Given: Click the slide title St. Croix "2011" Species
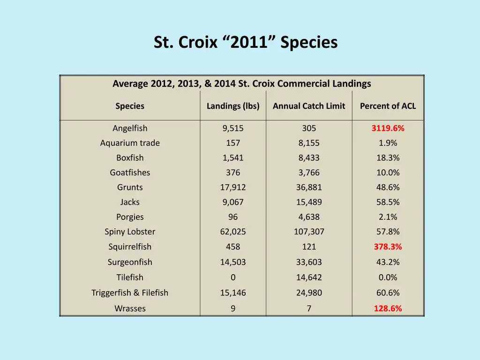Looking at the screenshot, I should click(x=246, y=43).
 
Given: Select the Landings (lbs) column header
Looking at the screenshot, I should click(x=233, y=106).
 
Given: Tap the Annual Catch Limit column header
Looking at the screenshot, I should click(x=309, y=106).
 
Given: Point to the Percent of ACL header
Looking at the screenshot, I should click(x=388, y=106).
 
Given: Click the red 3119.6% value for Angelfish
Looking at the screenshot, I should click(x=388, y=128).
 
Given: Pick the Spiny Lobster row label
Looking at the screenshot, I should click(x=130, y=232).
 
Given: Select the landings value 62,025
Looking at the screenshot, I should click(x=233, y=232).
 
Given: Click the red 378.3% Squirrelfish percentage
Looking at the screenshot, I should click(x=388, y=247).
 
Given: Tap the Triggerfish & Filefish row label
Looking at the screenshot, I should click(x=130, y=293).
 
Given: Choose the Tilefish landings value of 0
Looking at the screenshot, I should click(x=233, y=277).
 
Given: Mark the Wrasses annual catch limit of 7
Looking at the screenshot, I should click(x=309, y=308).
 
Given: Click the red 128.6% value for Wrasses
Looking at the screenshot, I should click(x=388, y=308).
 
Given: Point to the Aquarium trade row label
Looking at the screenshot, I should click(x=130, y=143).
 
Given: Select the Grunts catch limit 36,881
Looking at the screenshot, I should click(x=309, y=187).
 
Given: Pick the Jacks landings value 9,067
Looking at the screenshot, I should click(x=233, y=202).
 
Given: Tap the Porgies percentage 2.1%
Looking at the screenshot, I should click(x=388, y=217).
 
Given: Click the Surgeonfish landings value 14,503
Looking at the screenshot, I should click(x=233, y=262).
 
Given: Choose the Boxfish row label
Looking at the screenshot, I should click(x=130, y=158).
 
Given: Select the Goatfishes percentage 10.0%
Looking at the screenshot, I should click(x=388, y=172).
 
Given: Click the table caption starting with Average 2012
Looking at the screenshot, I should click(x=241, y=84).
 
